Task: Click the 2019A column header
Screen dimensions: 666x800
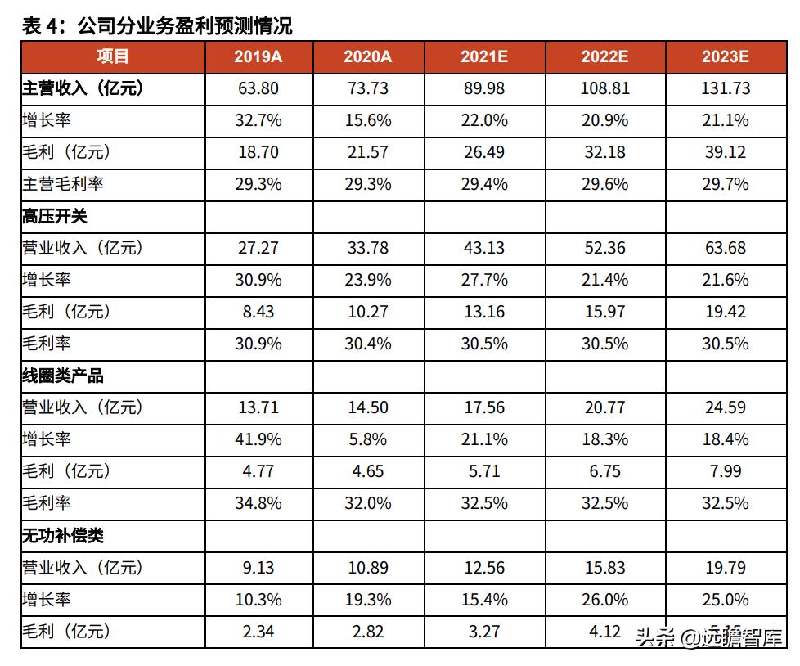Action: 258,56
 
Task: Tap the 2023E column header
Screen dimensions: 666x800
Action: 725,56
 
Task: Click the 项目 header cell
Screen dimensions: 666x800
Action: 113,56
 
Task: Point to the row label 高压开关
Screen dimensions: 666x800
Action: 54,216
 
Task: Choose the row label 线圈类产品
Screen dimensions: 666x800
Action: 62,376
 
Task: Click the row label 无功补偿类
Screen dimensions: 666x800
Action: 62,536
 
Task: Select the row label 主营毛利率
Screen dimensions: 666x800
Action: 62,184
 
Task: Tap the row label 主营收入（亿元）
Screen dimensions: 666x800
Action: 82,88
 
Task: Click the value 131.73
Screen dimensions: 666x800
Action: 725,88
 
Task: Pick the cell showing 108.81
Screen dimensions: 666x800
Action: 604,88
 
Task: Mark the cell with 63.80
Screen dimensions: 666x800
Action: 258,88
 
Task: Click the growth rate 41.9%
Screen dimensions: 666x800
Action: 258,439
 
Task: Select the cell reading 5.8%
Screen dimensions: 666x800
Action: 367,439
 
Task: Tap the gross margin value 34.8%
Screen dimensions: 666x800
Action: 258,503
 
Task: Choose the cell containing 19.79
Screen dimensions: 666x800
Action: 725,567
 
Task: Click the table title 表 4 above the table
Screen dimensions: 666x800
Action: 156,26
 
